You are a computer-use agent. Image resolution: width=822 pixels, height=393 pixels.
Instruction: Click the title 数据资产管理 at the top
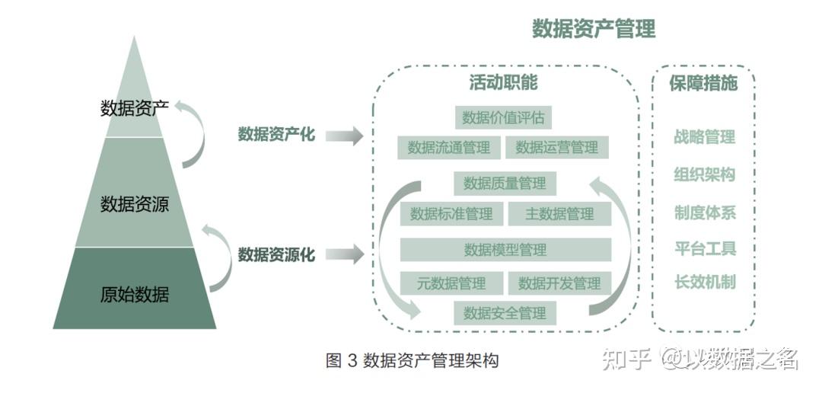click(594, 30)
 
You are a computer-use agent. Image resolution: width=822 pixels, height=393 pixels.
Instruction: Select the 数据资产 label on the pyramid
click(135, 108)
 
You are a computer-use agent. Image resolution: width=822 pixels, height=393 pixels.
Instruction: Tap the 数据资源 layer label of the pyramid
click(135, 204)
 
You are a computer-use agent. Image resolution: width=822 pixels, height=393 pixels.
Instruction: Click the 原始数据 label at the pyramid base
click(135, 294)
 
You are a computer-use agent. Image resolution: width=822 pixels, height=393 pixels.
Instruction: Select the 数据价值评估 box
click(503, 117)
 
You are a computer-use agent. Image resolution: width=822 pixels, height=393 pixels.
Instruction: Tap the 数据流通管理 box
click(448, 147)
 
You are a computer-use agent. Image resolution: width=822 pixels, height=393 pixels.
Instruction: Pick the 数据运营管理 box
click(557, 147)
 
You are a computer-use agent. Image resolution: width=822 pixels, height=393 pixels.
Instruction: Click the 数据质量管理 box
click(505, 183)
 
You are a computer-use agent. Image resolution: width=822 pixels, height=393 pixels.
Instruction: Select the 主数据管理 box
click(559, 214)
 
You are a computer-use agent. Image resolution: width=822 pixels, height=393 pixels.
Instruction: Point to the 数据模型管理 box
click(505, 249)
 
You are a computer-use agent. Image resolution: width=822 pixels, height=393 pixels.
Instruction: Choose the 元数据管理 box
click(451, 283)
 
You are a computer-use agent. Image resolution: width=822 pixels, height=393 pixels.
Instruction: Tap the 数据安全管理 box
click(505, 313)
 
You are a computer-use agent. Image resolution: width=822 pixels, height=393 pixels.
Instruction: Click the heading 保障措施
click(703, 83)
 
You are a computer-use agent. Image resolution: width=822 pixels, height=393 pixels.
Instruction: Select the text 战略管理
click(705, 137)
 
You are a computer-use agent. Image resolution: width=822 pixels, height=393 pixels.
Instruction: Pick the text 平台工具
click(705, 248)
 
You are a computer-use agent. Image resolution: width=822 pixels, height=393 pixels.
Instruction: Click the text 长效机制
click(705, 283)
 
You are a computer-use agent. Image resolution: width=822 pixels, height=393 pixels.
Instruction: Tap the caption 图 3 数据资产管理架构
click(412, 360)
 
